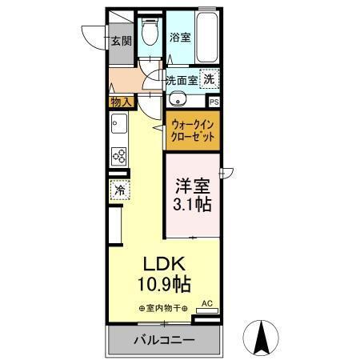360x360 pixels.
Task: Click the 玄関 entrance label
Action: [x=121, y=42]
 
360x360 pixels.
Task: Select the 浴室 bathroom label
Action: [x=180, y=37]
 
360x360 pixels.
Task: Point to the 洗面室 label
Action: [x=181, y=79]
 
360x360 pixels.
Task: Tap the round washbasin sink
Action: [x=178, y=100]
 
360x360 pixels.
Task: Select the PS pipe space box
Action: [x=214, y=102]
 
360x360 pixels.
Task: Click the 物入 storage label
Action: [x=120, y=102]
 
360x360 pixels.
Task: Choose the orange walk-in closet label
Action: [x=193, y=130]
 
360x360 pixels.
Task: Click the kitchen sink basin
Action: [x=118, y=126]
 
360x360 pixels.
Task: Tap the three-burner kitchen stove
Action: [x=119, y=155]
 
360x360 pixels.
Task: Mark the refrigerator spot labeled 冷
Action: [x=118, y=191]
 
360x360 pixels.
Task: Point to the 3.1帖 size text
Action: [x=193, y=206]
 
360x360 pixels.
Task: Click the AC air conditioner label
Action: [x=207, y=303]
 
